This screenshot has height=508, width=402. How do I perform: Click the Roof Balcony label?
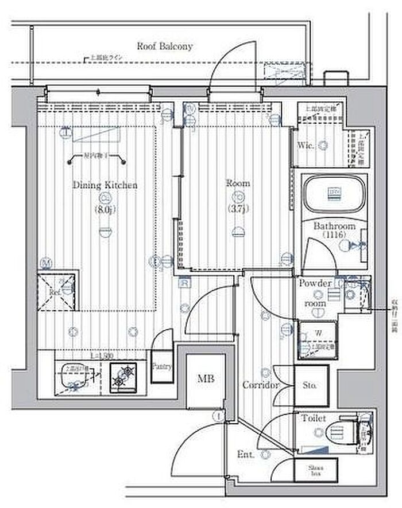click(x=164, y=46)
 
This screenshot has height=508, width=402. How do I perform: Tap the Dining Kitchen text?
click(x=105, y=185)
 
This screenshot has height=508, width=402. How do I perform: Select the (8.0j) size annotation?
click(x=105, y=210)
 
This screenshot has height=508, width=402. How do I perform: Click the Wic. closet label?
click(x=306, y=146)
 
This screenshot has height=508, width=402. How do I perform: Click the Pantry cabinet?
click(x=161, y=365)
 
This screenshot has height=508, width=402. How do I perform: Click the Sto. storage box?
click(x=311, y=385)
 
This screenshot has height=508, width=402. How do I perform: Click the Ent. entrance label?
click(x=245, y=455)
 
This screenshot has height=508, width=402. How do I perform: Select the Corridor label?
click(x=260, y=385)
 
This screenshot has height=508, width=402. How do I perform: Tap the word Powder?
click(x=315, y=284)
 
